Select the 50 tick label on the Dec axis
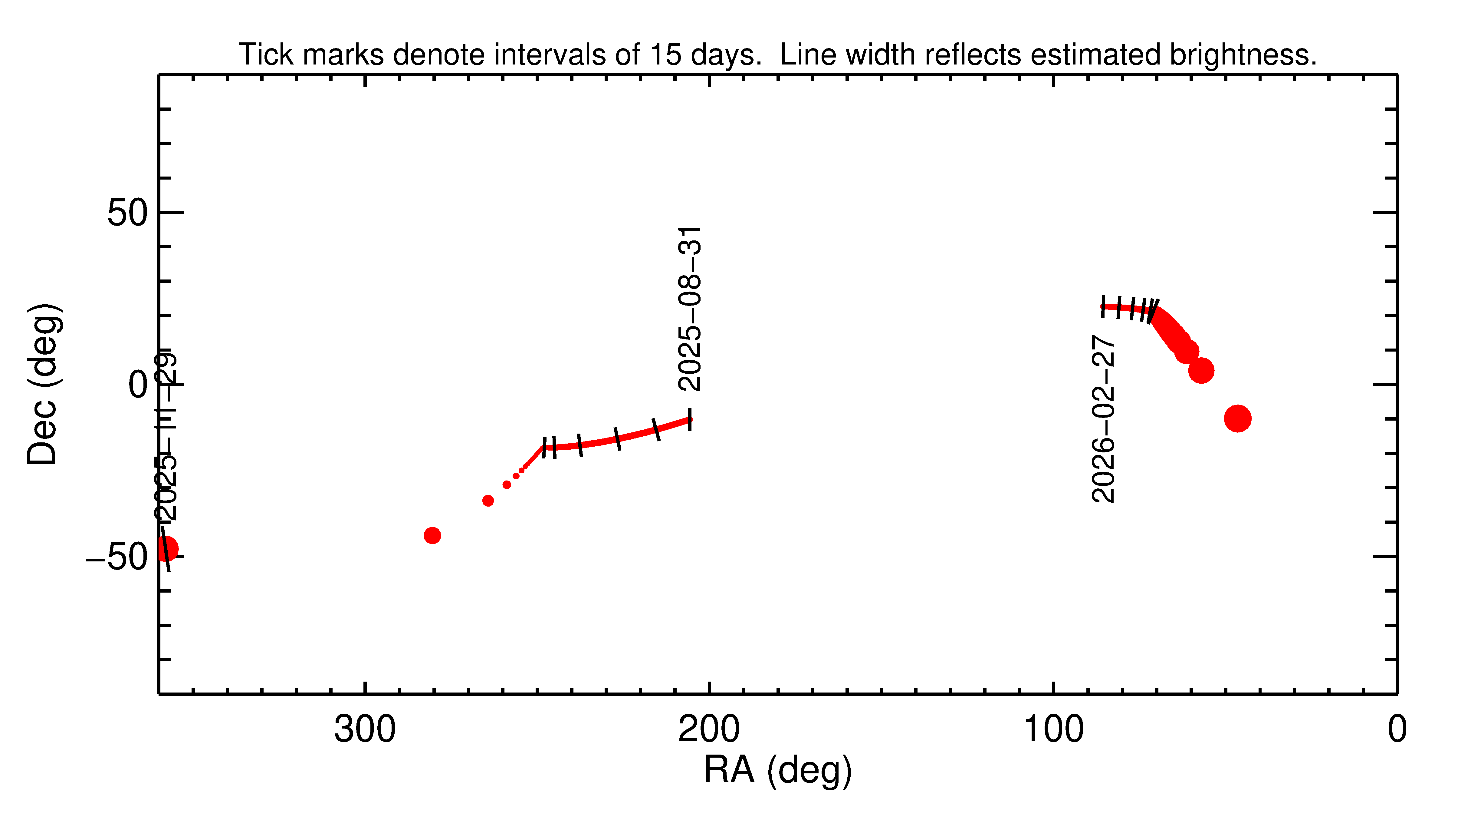[127, 213]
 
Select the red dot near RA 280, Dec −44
[432, 535]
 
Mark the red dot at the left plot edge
[166, 549]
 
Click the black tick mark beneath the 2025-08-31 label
[690, 419]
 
